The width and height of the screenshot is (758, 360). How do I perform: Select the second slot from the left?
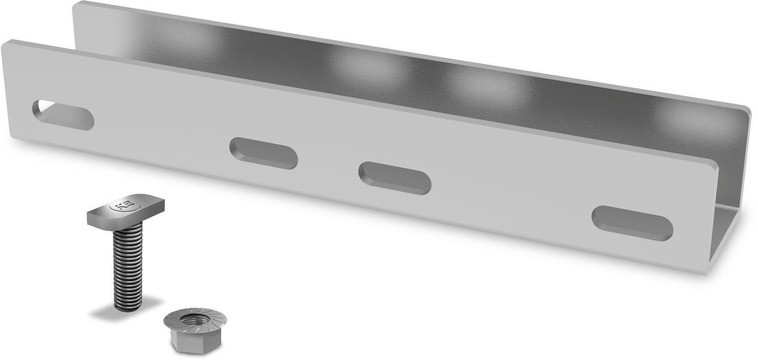tap(263, 153)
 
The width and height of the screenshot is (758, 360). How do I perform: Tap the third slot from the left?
tap(395, 178)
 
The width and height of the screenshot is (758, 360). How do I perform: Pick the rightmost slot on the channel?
tap(632, 223)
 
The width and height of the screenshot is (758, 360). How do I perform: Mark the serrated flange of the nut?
tap(174, 325)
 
